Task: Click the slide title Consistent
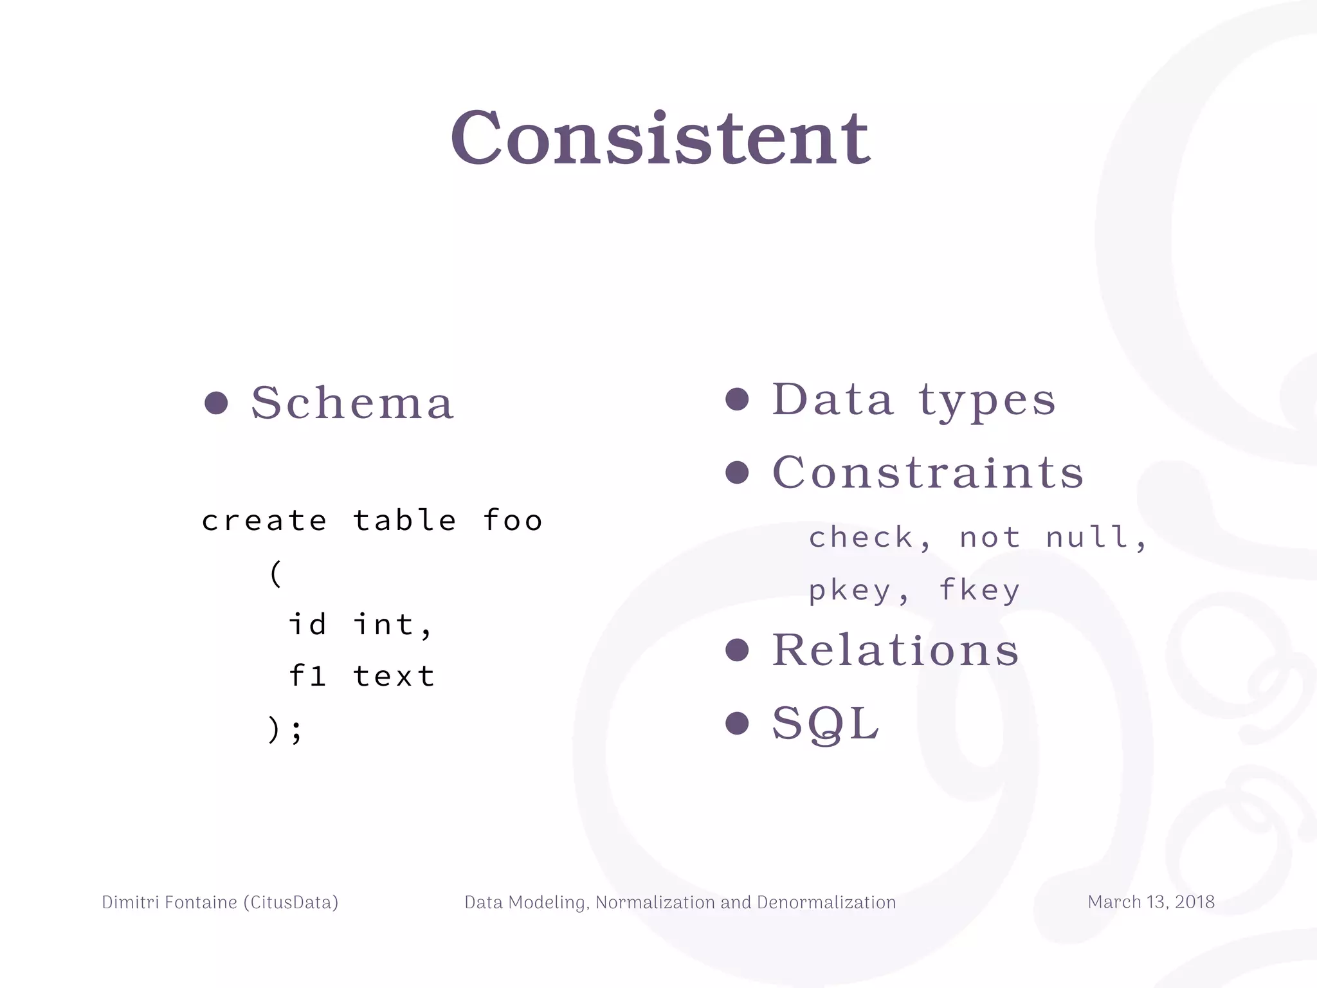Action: pyautogui.click(x=660, y=138)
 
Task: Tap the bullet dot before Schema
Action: pyautogui.click(x=216, y=403)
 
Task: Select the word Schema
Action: pyautogui.click(x=352, y=403)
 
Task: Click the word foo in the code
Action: pyautogui.click(x=513, y=520)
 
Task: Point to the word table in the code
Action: pyautogui.click(x=404, y=520)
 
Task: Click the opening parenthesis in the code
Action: pyautogui.click(x=276, y=572)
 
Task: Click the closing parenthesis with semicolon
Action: pyautogui.click(x=284, y=729)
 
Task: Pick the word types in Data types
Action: pyautogui.click(x=987, y=400)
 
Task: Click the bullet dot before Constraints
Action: pyautogui.click(x=737, y=473)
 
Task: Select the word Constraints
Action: pyautogui.click(x=928, y=473)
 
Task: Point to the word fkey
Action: pyautogui.click(x=979, y=590)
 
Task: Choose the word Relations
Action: pyautogui.click(x=895, y=650)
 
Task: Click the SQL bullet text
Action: pyautogui.click(x=825, y=724)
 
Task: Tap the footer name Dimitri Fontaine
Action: pyautogui.click(x=170, y=902)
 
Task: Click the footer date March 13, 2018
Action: pyautogui.click(x=1151, y=902)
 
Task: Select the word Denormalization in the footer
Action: pyautogui.click(x=826, y=902)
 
